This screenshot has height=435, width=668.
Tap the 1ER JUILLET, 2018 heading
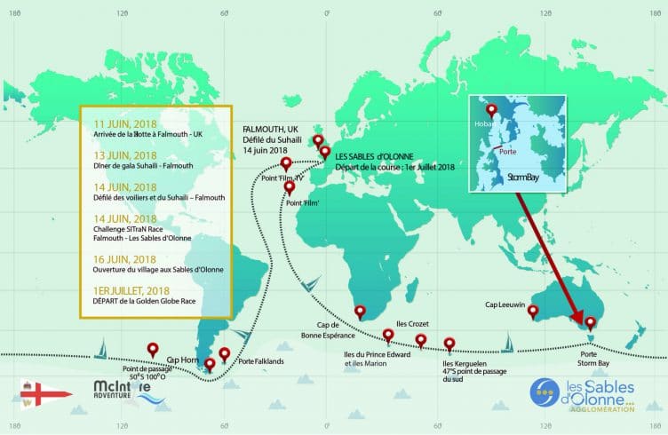click(x=131, y=289)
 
